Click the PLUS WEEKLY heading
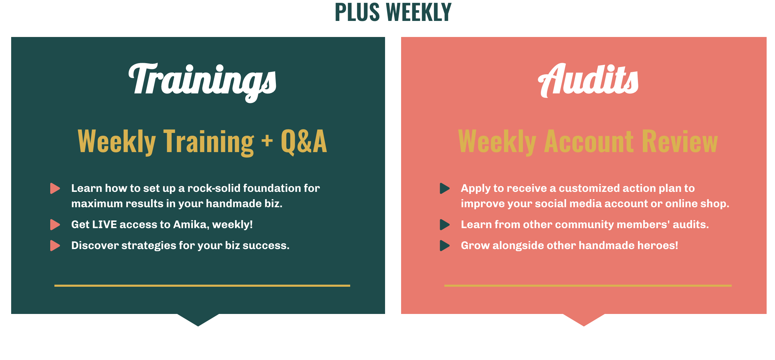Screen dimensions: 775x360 393,12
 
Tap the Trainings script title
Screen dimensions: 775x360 202,82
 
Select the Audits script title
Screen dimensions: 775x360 588,80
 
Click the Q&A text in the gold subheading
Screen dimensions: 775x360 304,141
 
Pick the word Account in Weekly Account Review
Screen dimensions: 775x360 589,141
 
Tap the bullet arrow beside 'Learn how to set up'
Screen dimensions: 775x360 55,188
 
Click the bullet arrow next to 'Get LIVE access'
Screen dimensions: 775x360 55,225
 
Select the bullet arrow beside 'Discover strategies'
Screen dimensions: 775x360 55,246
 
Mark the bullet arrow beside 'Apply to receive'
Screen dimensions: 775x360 445,188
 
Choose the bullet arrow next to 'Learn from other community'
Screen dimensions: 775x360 445,225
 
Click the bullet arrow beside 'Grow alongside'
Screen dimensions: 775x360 445,246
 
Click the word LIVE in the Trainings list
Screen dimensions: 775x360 104,224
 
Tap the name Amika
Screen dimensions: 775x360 191,225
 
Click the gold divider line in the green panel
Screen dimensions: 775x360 202,286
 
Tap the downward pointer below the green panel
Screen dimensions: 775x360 198,319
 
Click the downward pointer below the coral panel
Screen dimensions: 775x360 584,319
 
